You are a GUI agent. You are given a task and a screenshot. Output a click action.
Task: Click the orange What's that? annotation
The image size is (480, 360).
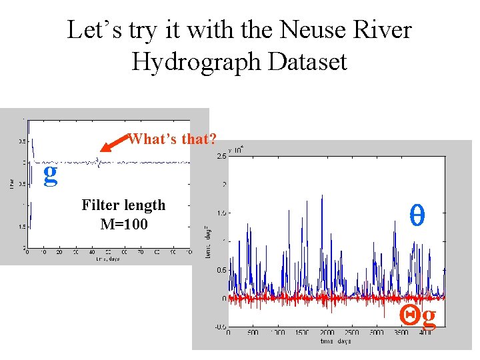[173, 139]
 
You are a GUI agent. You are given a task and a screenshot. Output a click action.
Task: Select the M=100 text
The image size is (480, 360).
[123, 223]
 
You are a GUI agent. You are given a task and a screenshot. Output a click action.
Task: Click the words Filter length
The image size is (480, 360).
[123, 205]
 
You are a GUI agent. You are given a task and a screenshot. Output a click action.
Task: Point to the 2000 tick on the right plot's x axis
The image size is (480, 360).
[327, 332]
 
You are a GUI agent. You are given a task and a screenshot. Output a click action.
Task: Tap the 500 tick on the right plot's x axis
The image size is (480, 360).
[253, 332]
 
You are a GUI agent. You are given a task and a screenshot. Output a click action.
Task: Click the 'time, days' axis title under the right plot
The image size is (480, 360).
[336, 341]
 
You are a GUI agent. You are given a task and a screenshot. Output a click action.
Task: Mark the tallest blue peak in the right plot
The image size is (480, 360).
[322, 195]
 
